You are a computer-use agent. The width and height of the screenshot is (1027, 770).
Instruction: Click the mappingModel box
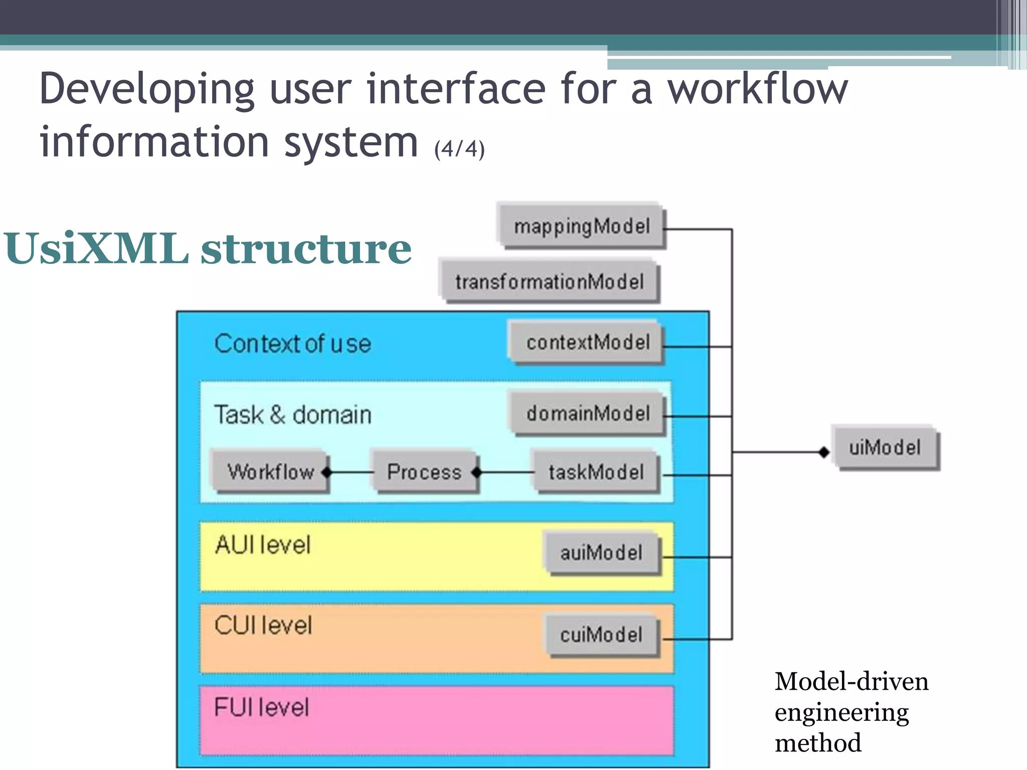coord(582,226)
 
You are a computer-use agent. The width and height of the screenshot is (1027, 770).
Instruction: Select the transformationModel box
coord(549,281)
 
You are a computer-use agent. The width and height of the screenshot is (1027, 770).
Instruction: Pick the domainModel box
coord(588,414)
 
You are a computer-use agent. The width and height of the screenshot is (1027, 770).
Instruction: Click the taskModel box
coord(596,472)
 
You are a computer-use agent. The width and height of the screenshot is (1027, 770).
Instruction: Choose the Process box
coord(424,472)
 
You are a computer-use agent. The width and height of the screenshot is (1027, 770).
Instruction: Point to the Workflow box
coord(270,472)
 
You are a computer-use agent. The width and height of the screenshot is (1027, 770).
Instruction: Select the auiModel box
coord(601,553)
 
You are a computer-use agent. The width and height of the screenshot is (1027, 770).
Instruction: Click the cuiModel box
coord(601,635)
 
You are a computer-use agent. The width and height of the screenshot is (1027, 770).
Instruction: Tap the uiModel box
coord(885,447)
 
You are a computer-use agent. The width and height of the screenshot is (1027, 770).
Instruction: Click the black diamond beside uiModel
coord(824,452)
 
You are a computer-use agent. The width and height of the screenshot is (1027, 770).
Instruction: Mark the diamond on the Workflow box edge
coord(327,472)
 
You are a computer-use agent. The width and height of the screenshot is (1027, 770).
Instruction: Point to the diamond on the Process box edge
coord(477,472)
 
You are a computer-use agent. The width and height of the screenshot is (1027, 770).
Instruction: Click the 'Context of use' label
coord(293,344)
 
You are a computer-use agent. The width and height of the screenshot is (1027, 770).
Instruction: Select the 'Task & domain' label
coord(293,415)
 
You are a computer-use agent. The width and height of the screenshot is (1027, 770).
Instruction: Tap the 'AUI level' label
coord(263,545)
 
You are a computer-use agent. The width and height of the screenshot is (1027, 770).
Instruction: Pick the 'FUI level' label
coord(261,707)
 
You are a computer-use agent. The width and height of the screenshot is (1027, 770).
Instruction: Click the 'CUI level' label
coord(263,626)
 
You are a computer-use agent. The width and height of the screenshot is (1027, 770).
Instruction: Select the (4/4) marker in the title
coord(459,149)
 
